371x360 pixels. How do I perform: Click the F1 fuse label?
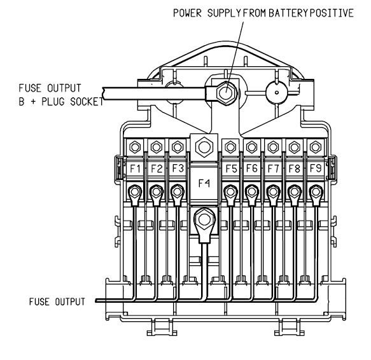tap(135, 169)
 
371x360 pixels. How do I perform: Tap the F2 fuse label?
tap(157, 169)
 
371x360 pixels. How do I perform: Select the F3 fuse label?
tap(178, 169)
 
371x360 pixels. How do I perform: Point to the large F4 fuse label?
tap(204, 183)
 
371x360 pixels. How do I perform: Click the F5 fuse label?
tap(231, 169)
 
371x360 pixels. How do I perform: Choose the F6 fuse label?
tap(252, 168)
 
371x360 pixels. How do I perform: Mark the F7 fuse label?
tap(273, 169)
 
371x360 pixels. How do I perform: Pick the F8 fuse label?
tap(295, 169)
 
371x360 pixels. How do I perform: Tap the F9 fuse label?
tap(316, 168)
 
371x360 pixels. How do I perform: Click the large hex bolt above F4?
tap(204, 147)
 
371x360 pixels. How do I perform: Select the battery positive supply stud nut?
tap(226, 92)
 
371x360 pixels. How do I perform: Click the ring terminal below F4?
tap(204, 225)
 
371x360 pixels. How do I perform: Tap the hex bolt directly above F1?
tap(135, 147)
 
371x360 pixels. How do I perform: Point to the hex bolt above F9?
tap(316, 147)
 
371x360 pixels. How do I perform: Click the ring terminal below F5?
tap(230, 195)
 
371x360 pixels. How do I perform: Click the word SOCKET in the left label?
tap(87, 102)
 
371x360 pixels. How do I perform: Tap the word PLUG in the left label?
tap(53, 102)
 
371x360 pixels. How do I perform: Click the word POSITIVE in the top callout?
tap(332, 13)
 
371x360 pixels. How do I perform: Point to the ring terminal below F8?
tap(295, 195)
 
